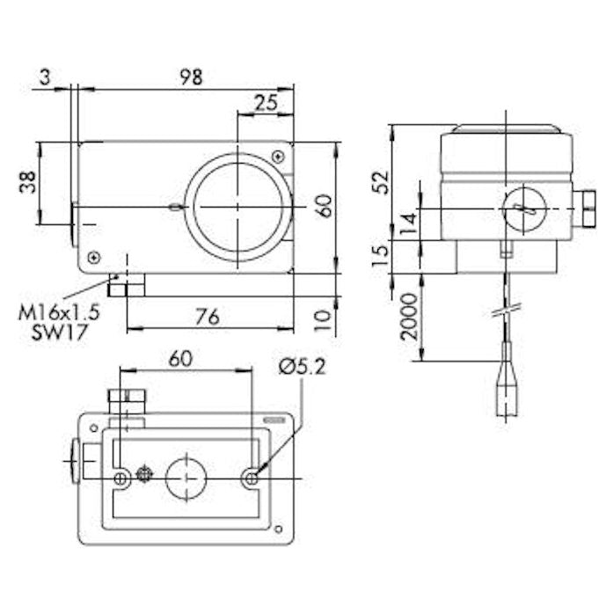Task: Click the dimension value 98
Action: [x=190, y=77]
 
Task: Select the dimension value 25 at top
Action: [x=265, y=103]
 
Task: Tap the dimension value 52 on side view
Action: [x=380, y=182]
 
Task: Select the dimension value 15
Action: [x=380, y=256]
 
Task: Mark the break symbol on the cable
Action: [x=508, y=309]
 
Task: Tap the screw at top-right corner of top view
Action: [x=278, y=157]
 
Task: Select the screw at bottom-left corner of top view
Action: [x=94, y=257]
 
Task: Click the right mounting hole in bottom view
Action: [x=251, y=478]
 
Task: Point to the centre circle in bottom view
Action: [x=186, y=475]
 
